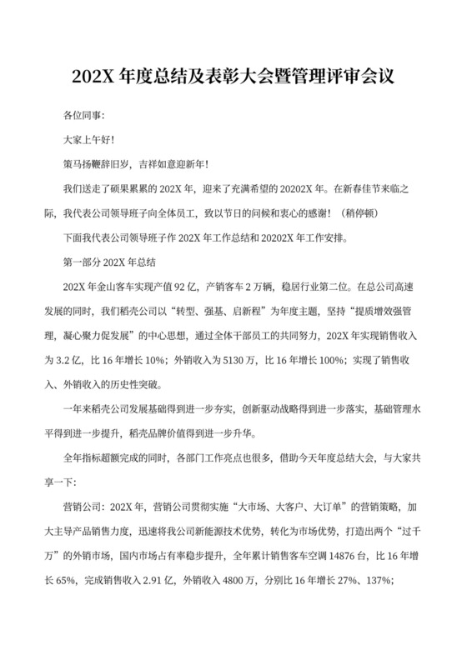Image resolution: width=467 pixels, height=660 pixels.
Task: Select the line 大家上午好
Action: tap(89, 141)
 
